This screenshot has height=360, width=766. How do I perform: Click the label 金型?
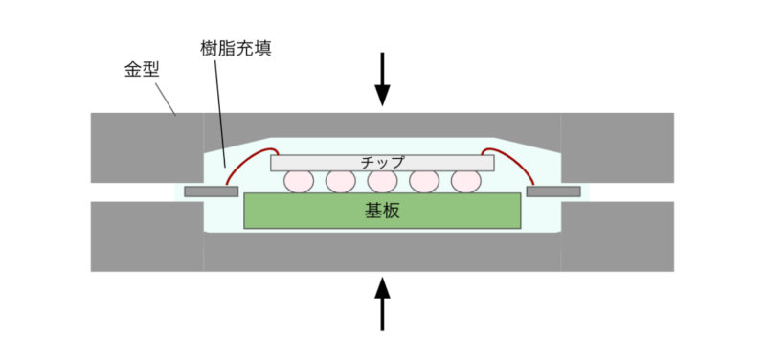(142, 70)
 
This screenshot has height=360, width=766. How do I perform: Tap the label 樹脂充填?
(236, 48)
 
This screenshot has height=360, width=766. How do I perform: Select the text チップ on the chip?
(382, 162)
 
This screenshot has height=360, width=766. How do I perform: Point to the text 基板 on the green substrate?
(382, 211)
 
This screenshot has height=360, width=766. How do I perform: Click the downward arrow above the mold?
(382, 79)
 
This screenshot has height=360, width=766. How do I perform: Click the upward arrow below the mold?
(382, 303)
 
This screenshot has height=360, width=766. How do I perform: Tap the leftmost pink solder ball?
(299, 181)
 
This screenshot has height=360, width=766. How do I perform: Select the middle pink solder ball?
(382, 181)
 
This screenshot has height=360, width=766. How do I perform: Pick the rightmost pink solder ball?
(465, 181)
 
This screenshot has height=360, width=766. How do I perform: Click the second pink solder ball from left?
(340, 181)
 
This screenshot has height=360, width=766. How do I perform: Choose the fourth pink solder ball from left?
(424, 181)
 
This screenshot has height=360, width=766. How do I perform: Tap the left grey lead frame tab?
(211, 191)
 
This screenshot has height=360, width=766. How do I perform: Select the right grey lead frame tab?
(553, 191)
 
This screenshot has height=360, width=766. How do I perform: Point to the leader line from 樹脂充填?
(220, 115)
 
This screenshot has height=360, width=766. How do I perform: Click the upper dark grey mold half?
(144, 144)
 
